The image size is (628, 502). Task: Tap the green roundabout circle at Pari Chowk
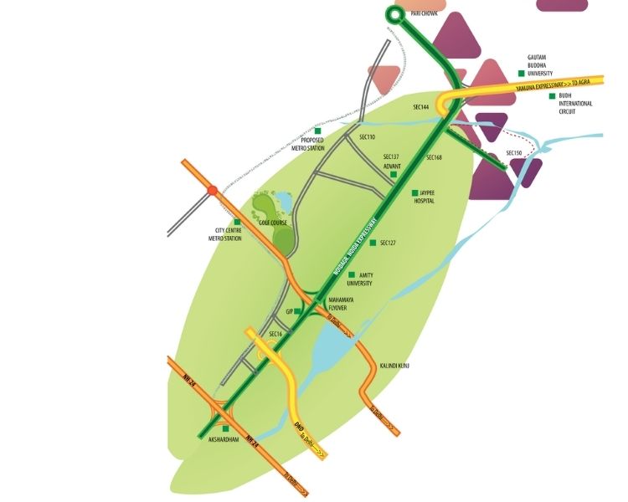pyautogui.click(x=396, y=13)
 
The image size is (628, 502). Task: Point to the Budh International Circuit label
pyautogui.click(x=575, y=104)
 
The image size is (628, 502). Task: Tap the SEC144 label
pyautogui.click(x=421, y=108)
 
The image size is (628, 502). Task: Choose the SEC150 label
pyautogui.click(x=514, y=153)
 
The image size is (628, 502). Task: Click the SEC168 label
pyautogui.click(x=434, y=157)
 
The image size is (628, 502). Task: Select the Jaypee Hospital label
pyautogui.click(x=423, y=197)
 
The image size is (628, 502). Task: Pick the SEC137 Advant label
pyautogui.click(x=393, y=161)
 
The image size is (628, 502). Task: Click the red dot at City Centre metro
pyautogui.click(x=214, y=190)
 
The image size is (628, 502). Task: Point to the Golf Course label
pyautogui.click(x=273, y=224)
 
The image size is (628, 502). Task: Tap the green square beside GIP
pyautogui.click(x=297, y=311)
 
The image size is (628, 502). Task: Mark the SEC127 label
pyautogui.click(x=387, y=243)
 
